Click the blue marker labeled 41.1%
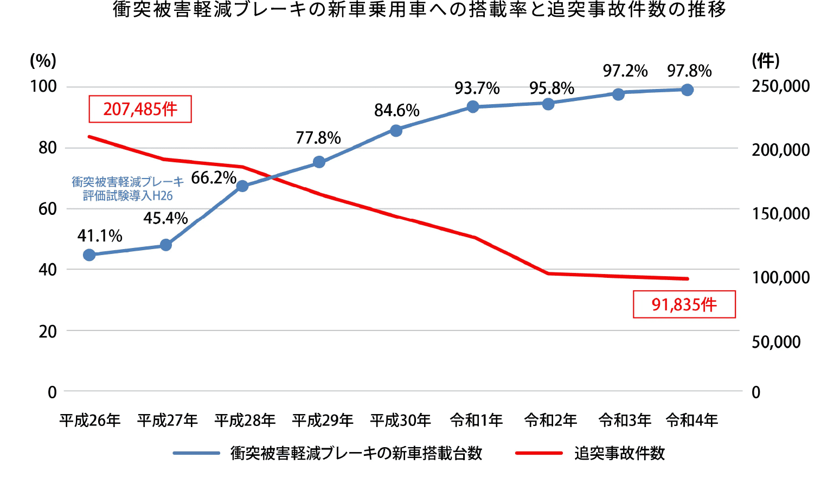coord(89,255)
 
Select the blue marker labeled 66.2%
coord(242,186)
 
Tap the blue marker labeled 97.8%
coord(687,90)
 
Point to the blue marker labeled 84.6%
coord(396,131)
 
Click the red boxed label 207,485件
coord(140,109)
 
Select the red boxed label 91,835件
coord(684,304)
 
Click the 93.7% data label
coord(477,88)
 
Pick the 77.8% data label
coord(318,138)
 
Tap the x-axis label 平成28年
coord(245,420)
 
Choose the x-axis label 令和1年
coord(476,420)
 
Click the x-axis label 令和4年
coord(691,420)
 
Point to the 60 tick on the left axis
coord(48,209)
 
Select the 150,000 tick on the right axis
coord(780,214)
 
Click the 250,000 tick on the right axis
coord(780,86)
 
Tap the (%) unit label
coord(43,61)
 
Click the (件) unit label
coord(765,61)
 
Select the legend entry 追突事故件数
coord(619,453)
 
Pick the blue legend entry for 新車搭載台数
coord(356,453)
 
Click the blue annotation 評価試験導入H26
coord(128,196)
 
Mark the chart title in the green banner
coord(420,10)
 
